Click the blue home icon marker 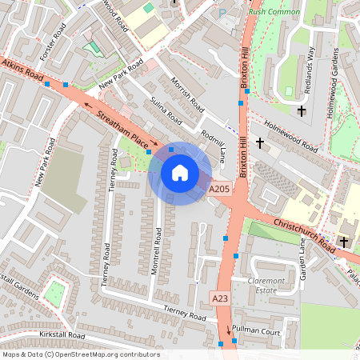pyautogui.click(x=180, y=173)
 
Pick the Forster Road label pyautogui.click(x=57, y=43)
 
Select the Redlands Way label pyautogui.click(x=314, y=66)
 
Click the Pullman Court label pyautogui.click(x=261, y=330)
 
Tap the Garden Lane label pyautogui.click(x=302, y=256)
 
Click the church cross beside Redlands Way pyautogui.click(x=302, y=110)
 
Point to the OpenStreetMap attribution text pyautogui.click(x=80, y=354)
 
